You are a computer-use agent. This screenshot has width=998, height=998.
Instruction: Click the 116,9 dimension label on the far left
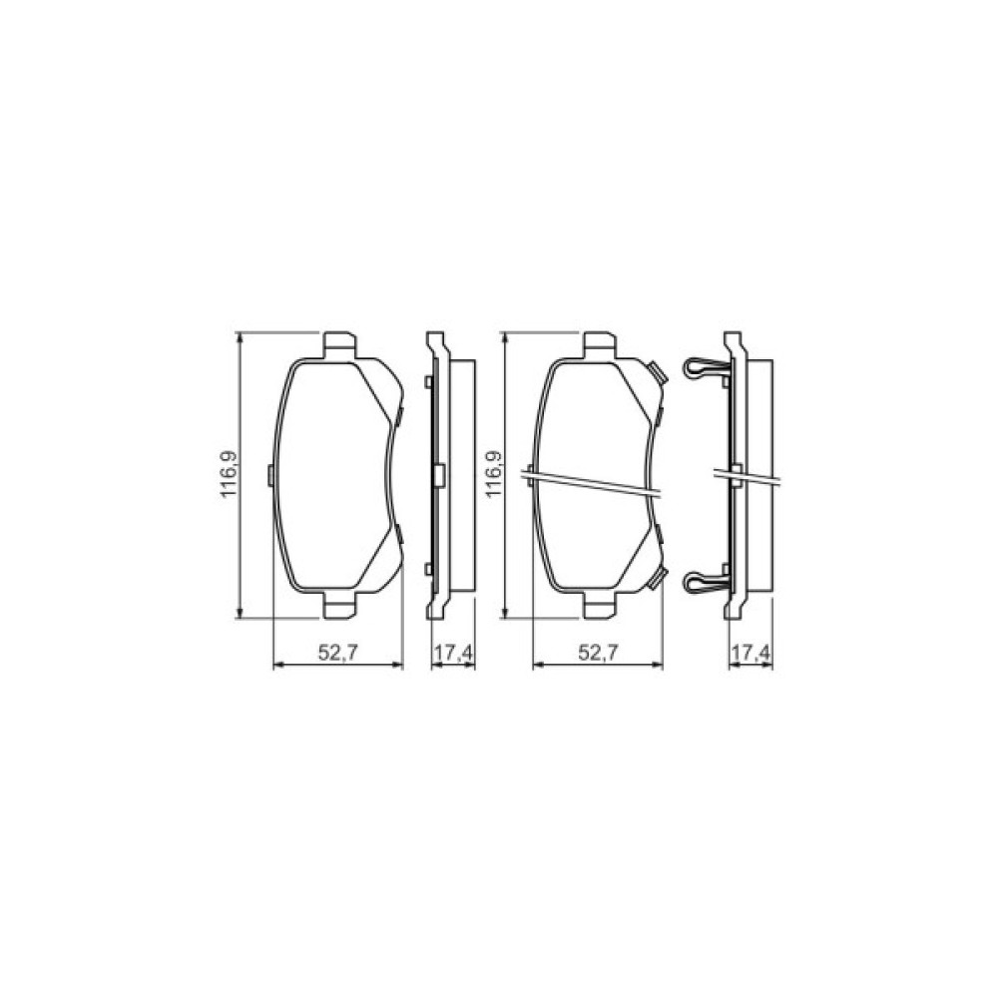228,475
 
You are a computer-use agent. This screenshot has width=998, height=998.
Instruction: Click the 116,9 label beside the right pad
494,475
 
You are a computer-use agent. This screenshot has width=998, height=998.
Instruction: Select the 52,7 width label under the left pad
337,655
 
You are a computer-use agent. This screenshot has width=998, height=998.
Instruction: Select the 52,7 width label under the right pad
600,655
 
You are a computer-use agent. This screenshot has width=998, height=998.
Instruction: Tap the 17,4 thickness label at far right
751,655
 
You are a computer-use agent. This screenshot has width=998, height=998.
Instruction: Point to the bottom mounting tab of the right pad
600,605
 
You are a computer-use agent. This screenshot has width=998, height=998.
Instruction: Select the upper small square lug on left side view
427,382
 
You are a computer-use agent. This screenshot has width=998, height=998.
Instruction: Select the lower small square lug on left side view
427,569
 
